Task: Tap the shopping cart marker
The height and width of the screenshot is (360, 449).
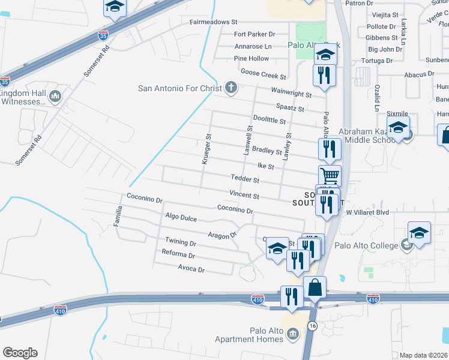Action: pyautogui.click(x=330, y=176)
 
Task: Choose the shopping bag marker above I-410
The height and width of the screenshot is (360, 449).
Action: pyautogui.click(x=315, y=288)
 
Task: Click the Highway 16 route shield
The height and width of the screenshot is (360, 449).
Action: pyautogui.click(x=312, y=325)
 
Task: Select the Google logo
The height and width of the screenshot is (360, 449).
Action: pyautogui.click(x=19, y=353)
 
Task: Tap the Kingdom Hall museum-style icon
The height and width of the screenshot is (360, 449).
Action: pyautogui.click(x=55, y=96)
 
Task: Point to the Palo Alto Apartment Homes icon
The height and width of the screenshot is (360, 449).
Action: pyautogui.click(x=292, y=334)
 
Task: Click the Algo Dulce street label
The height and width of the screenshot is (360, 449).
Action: pyautogui.click(x=181, y=218)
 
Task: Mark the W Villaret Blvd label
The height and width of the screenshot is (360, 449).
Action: pyautogui.click(x=367, y=212)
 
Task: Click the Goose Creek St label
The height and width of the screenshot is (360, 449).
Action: pyautogui.click(x=263, y=74)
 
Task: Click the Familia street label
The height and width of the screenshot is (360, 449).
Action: pyautogui.click(x=119, y=216)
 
